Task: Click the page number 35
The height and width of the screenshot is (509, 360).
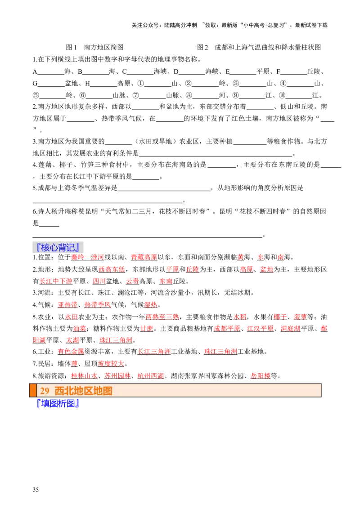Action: pyautogui.click(x=36, y=490)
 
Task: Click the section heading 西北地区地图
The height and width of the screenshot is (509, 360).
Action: pyautogui.click(x=84, y=390)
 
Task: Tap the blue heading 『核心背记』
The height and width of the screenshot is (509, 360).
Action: pyautogui.click(x=58, y=247)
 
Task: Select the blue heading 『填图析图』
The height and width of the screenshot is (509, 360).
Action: pyautogui.click(x=58, y=403)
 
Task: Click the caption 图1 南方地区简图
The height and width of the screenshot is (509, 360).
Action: pyautogui.click(x=94, y=47)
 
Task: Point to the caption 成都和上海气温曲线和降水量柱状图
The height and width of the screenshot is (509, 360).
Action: pyautogui.click(x=268, y=47)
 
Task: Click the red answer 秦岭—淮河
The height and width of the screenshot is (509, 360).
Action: pyautogui.click(x=87, y=257)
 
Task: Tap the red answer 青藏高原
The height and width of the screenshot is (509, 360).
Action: pyautogui.click(x=144, y=257)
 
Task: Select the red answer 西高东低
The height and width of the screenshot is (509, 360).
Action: pyautogui.click(x=112, y=269)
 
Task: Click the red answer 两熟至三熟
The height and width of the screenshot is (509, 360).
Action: pyautogui.click(x=162, y=317)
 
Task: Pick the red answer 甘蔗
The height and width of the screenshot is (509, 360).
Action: pyautogui.click(x=147, y=329)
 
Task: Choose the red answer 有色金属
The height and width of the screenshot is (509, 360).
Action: pyautogui.click(x=71, y=352)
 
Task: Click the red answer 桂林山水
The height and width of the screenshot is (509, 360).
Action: pyautogui.click(x=84, y=376)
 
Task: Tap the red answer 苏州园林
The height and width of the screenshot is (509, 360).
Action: pyautogui.click(x=117, y=376)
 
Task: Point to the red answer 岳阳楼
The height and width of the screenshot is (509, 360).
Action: pyautogui.click(x=261, y=376)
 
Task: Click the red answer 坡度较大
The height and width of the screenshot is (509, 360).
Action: pyautogui.click(x=111, y=364)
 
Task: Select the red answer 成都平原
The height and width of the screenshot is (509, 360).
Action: pyautogui.click(x=227, y=329)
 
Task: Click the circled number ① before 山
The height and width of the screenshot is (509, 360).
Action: pyautogui.click(x=141, y=84)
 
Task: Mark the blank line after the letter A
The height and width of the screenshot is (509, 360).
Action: pyautogui.click(x=51, y=74)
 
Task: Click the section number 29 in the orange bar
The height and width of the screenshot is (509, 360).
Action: pyautogui.click(x=45, y=390)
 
